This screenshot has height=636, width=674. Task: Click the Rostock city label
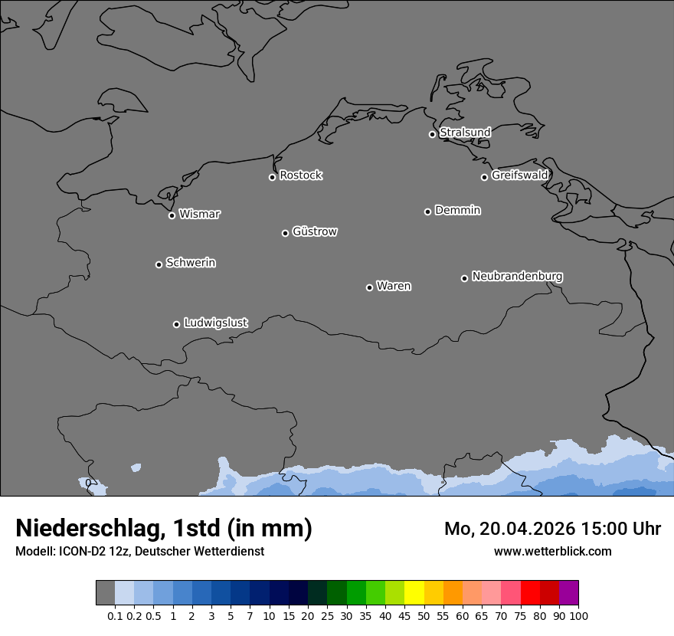[x=300, y=175]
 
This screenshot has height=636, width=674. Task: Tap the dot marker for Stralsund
[x=432, y=134]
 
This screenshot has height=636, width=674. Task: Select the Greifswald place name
[x=519, y=175]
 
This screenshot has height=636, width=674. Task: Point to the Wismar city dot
[x=172, y=215]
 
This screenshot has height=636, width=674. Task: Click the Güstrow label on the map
[x=315, y=231]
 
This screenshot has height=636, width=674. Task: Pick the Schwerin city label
[x=191, y=263]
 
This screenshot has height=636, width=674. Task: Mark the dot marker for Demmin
[x=427, y=211]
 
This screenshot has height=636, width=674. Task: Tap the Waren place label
[x=394, y=287]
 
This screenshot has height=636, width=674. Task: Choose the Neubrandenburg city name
[x=517, y=277]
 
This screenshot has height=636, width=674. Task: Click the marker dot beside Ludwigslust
[x=176, y=324]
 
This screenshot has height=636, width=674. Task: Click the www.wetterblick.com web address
[x=552, y=552]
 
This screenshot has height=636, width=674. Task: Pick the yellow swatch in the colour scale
[x=414, y=593]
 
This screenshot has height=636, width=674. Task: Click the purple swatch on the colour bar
[x=568, y=593]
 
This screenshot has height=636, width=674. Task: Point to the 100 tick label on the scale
[x=578, y=615]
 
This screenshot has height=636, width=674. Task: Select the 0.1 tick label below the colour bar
[x=115, y=615]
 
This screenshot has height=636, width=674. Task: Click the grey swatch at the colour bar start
[x=105, y=593]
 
